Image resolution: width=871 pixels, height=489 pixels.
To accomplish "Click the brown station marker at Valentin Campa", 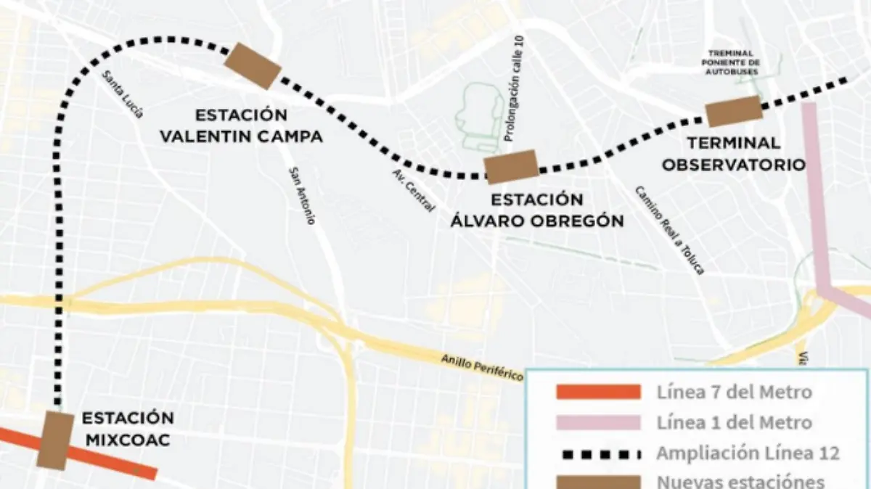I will click(x=252, y=65).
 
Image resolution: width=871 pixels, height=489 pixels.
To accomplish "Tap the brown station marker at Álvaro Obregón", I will click(x=511, y=167).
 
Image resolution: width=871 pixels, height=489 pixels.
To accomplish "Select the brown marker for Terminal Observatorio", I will click(x=733, y=111).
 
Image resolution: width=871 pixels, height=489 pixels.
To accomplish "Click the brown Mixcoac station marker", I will click(x=55, y=440).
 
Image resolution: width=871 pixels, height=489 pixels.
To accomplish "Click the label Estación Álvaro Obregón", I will click(x=537, y=210).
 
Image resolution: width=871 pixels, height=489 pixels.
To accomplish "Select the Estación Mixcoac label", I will click(x=128, y=429).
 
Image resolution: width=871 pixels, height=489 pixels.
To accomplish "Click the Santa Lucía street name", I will click(x=123, y=94).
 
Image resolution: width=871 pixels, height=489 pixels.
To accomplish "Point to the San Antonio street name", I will click(x=302, y=195).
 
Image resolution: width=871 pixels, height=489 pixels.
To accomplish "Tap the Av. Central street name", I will click(x=414, y=191).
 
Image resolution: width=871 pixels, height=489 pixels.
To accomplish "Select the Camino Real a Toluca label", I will click(x=669, y=229).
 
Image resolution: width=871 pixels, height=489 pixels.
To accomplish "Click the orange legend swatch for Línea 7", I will click(x=598, y=393).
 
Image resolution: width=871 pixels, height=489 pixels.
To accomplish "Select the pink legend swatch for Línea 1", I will click(x=598, y=423).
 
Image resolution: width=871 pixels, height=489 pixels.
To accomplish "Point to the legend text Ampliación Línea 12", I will click(x=748, y=453).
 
